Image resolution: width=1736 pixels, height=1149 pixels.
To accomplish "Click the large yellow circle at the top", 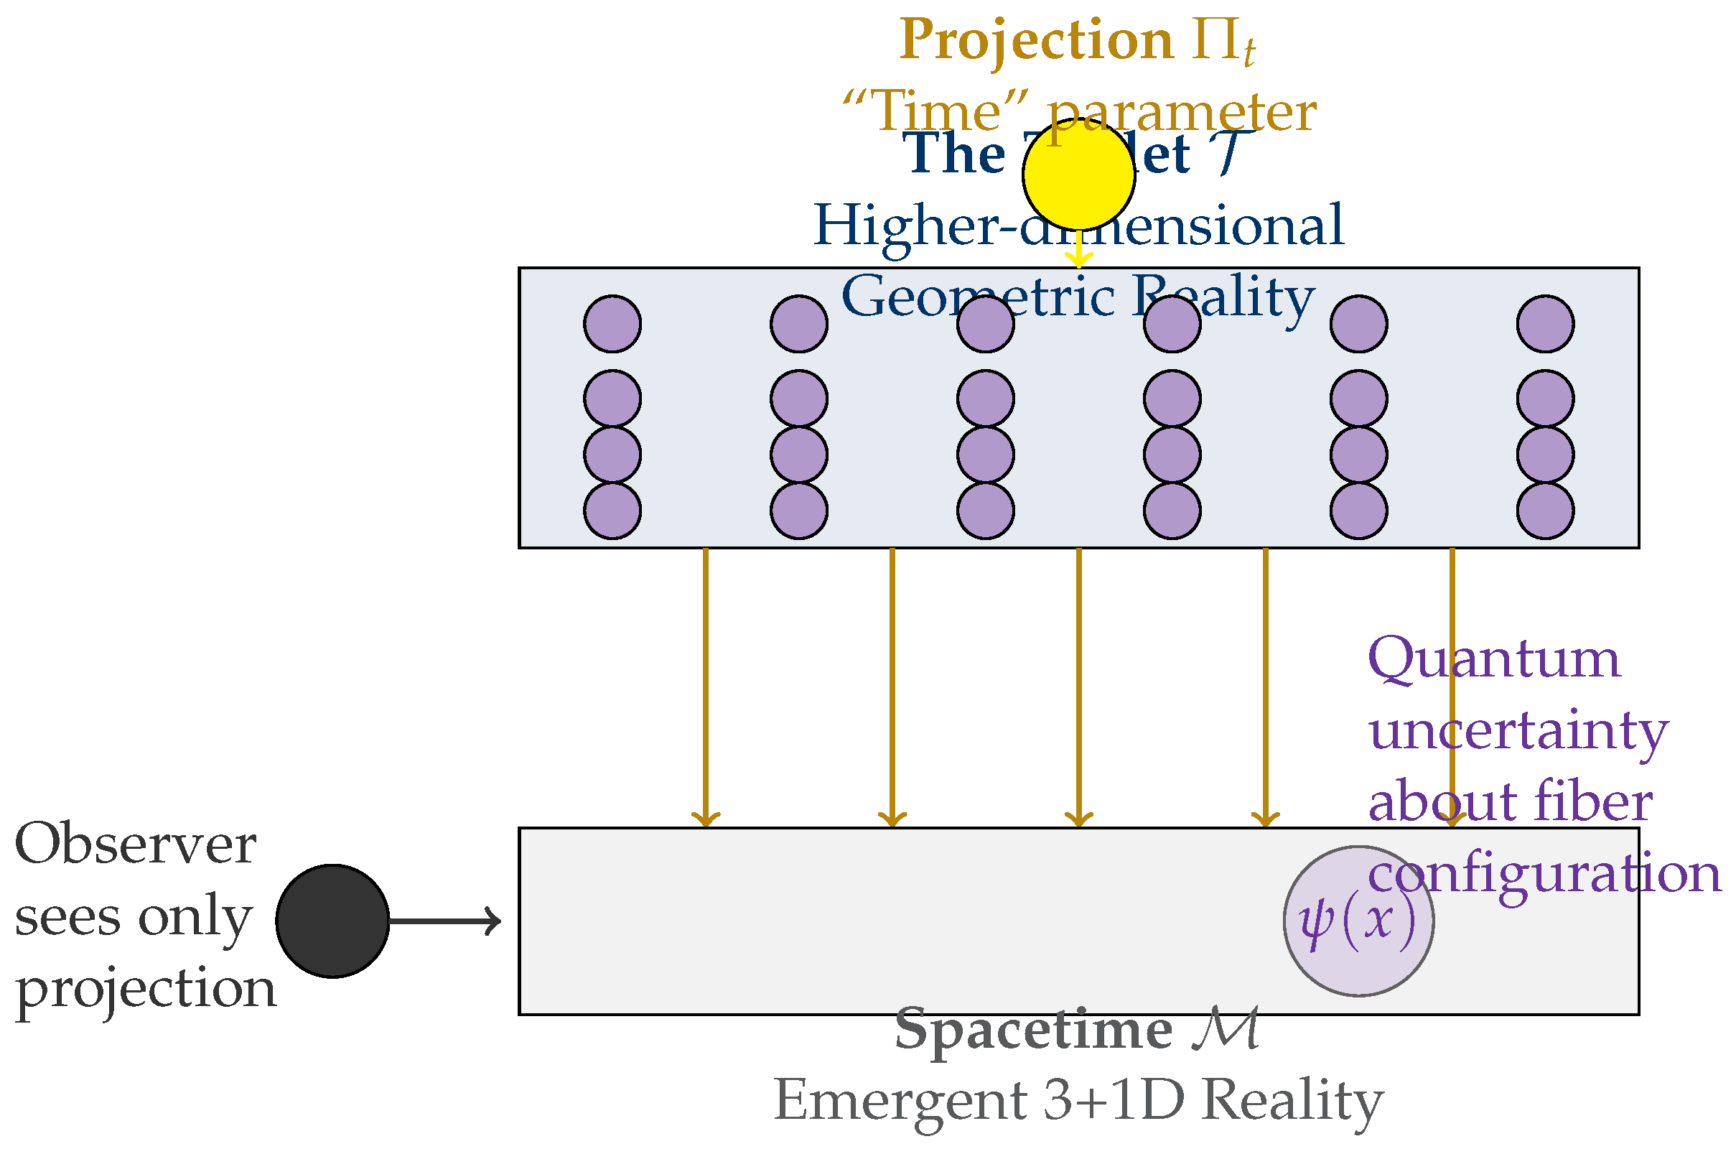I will (1078, 174).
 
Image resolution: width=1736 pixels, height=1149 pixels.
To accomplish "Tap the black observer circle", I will (332, 921).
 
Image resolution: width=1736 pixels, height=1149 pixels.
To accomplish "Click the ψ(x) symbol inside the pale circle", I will (1357, 921).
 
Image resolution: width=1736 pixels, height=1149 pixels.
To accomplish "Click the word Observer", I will (136, 845).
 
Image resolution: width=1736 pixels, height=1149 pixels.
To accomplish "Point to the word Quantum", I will (1494, 658).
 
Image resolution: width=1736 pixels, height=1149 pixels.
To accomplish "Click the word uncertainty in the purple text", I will (1518, 730).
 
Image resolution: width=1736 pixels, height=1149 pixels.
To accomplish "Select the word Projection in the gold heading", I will (1037, 40).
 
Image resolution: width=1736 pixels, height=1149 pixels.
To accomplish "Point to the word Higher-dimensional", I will (1078, 225).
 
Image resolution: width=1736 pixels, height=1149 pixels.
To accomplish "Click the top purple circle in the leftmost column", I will (612, 324).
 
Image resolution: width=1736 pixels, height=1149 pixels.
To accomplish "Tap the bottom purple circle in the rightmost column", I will (1546, 511).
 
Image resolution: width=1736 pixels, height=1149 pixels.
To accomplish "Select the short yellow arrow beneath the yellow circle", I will (1078, 252).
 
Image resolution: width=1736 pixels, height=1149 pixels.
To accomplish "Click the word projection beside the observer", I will (146, 990).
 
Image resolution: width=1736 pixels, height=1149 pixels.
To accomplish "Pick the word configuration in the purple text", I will (1544, 873).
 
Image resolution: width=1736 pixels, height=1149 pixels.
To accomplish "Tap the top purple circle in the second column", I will (799, 324).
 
